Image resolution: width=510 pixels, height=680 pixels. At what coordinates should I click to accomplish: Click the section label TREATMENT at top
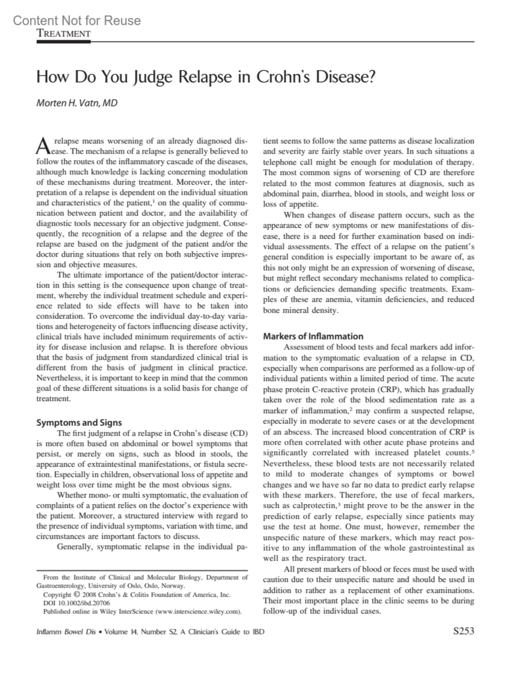point(64,34)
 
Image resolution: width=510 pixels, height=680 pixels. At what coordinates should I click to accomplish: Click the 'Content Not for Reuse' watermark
point(76,20)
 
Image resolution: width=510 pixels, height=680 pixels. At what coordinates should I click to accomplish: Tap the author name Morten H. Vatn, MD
point(76,103)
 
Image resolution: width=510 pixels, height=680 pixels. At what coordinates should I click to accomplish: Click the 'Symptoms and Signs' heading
point(79,422)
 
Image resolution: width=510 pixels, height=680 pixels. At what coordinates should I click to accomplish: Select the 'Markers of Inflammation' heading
point(313,336)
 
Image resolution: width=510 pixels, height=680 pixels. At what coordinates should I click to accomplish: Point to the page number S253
point(464,631)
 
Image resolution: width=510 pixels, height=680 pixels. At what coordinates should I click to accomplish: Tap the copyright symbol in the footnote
point(76,595)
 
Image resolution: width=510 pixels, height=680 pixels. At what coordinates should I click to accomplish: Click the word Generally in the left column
point(75,547)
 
